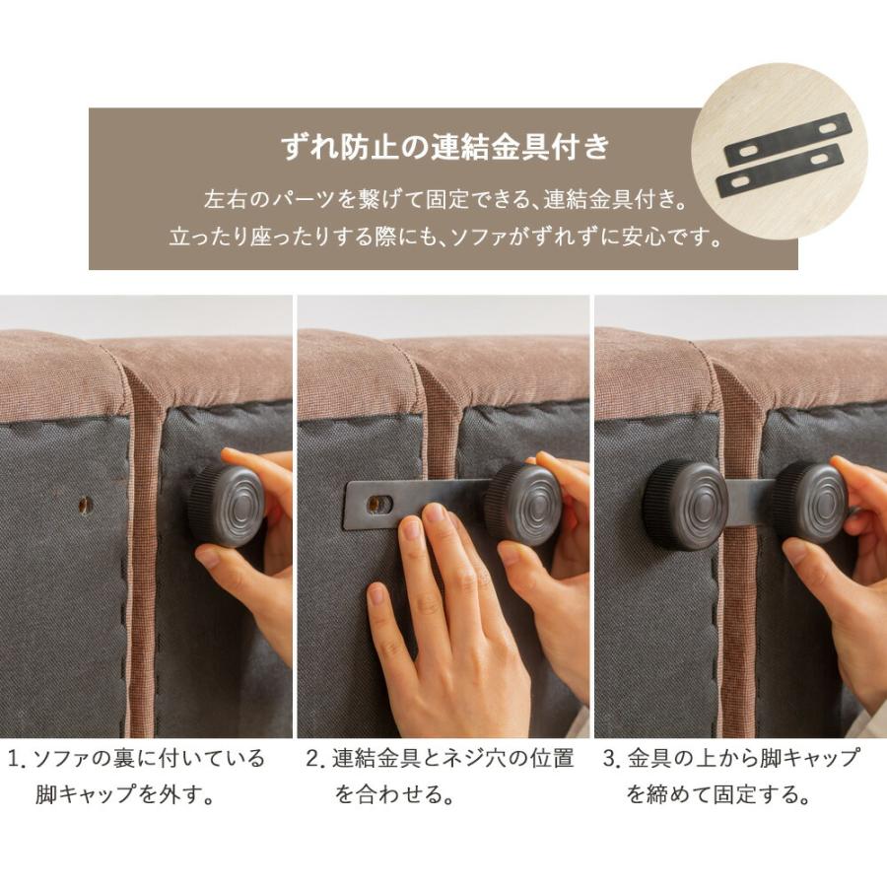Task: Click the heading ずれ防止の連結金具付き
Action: point(444,149)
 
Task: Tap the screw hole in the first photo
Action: point(85,504)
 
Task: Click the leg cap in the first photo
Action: point(226,505)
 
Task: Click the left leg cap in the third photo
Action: point(685,504)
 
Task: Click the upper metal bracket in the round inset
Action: point(788,139)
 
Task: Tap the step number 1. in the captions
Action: point(17,760)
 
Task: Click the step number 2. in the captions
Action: point(314,760)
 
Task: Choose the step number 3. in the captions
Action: point(611,760)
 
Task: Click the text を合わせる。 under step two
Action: point(393,795)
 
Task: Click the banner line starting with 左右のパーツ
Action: point(443,199)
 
